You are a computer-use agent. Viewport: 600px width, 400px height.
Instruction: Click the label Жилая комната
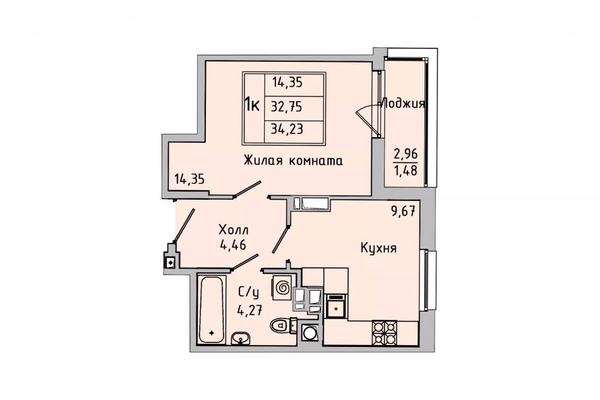pos(293,161)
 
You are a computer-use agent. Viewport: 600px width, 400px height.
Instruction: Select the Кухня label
pos(378,248)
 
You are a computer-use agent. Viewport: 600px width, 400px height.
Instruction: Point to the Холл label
pos(234,230)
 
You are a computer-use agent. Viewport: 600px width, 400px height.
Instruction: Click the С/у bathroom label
pos(249,293)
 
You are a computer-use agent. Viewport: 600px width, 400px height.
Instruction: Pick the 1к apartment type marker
pos(252,104)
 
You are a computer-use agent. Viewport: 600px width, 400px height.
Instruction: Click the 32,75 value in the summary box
pos(287,106)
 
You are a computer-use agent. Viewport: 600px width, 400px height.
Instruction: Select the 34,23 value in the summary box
pos(287,129)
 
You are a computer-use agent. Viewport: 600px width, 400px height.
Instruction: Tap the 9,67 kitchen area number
pos(403,212)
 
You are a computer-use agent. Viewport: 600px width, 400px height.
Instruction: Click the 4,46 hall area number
pos(232,244)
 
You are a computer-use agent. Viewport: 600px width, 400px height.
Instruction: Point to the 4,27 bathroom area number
pos(249,309)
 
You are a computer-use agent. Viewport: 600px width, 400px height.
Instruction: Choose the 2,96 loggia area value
pos(405,154)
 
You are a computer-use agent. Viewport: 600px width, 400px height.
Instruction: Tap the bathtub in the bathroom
pos(211,310)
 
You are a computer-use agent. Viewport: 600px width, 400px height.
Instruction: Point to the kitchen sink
pos(336,306)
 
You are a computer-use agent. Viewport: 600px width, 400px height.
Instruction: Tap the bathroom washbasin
pos(241,339)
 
